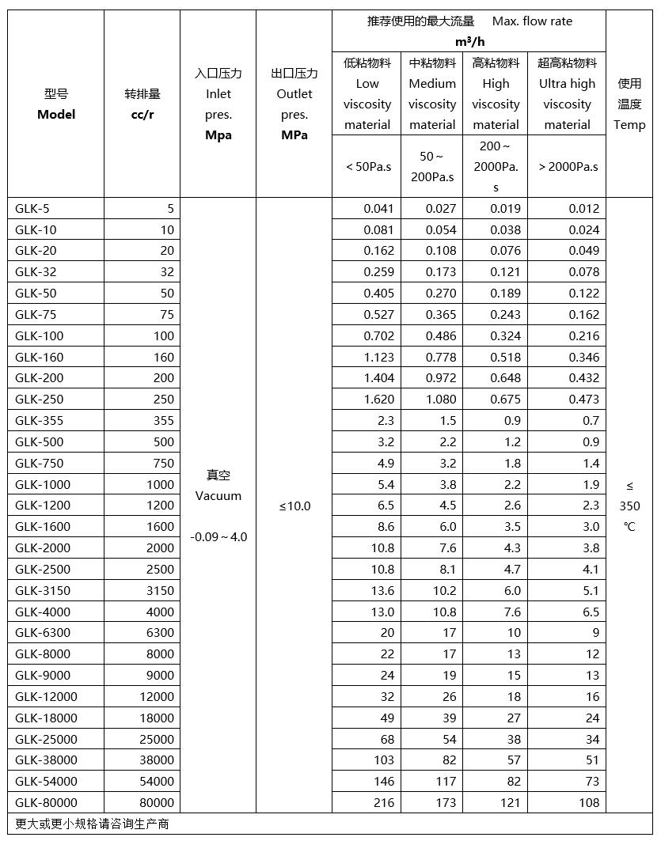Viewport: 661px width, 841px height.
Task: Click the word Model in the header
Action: coord(56,115)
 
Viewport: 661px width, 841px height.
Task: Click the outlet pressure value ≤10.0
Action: coord(294,506)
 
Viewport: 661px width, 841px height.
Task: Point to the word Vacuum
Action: coord(218,496)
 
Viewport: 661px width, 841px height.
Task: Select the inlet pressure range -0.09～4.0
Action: coord(218,537)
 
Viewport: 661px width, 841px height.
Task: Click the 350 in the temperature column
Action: coord(629,506)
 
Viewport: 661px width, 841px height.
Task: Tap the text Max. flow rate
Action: coord(532,21)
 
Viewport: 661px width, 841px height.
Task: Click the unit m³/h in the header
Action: coord(469,41)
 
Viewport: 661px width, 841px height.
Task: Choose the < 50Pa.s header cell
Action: coord(368,167)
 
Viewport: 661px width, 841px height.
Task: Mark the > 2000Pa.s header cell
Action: coord(568,167)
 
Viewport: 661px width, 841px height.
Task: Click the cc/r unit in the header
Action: coord(142,115)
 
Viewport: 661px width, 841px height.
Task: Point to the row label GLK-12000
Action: coord(46,697)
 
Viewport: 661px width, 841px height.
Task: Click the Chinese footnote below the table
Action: coord(92,824)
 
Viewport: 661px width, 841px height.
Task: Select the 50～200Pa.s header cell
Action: coord(432,167)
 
